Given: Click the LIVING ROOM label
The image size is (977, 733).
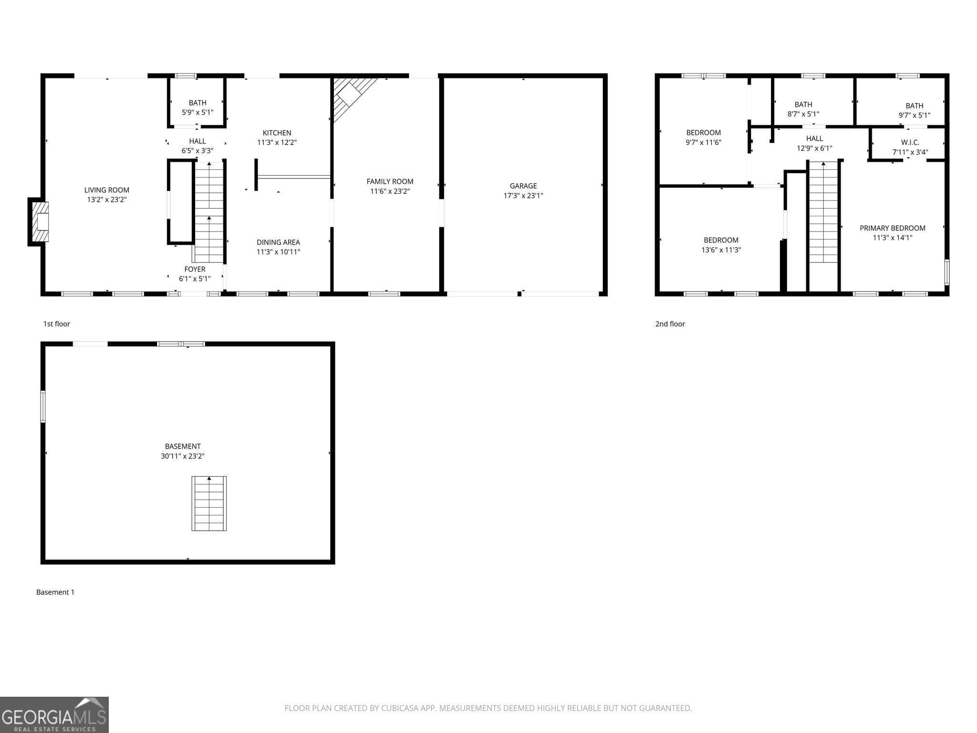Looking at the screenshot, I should point(106,190).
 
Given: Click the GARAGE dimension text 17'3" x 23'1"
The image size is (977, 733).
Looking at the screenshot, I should point(523,196).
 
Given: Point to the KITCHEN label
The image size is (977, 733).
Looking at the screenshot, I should point(277,133).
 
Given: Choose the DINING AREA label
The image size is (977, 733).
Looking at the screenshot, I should point(278,242).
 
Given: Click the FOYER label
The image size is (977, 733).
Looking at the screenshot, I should point(195,269).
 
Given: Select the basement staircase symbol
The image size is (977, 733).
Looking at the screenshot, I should point(209,503).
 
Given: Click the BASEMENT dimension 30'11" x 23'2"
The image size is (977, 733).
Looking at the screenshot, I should point(183,456).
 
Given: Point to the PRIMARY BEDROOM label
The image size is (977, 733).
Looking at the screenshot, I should point(892,228).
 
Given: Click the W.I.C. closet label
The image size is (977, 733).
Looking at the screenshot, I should point(910,142).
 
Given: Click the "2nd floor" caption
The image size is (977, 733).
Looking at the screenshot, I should point(670,324).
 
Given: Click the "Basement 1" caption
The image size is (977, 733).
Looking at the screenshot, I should point(55,592).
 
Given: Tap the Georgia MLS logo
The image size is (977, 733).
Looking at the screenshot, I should point(54,714).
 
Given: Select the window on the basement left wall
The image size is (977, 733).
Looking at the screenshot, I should point(43,407).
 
